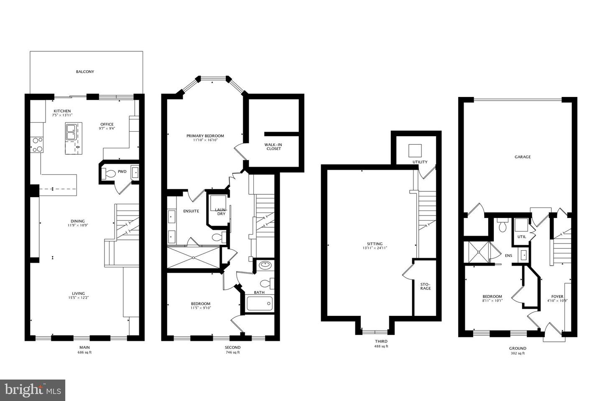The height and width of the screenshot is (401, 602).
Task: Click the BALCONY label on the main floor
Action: pyautogui.click(x=85, y=72)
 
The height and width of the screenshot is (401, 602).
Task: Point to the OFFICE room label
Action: pyautogui.click(x=107, y=124)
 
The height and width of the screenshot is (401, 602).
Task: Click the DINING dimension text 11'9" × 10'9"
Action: pyautogui.click(x=78, y=225)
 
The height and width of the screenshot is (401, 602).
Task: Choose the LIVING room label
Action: pyautogui.click(x=78, y=293)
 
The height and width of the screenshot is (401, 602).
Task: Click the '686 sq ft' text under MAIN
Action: pyautogui.click(x=84, y=353)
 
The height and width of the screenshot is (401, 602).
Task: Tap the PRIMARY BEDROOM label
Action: pyautogui.click(x=205, y=136)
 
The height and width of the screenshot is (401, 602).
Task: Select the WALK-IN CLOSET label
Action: pyautogui.click(x=273, y=147)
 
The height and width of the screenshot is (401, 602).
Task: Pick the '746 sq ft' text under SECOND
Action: pyautogui.click(x=232, y=353)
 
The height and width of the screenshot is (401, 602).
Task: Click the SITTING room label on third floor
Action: pyautogui.click(x=375, y=244)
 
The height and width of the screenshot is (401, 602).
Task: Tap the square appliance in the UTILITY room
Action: pyautogui.click(x=415, y=150)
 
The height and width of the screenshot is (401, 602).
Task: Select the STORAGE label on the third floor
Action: pyautogui.click(x=425, y=286)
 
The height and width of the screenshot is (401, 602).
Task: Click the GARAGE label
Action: pyautogui.click(x=523, y=157)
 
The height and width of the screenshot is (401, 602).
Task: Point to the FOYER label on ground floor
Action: pyautogui.click(x=557, y=296)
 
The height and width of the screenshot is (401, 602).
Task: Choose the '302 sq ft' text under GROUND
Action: pyautogui.click(x=518, y=353)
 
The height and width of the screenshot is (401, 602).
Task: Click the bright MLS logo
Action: pyautogui.click(x=33, y=390)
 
